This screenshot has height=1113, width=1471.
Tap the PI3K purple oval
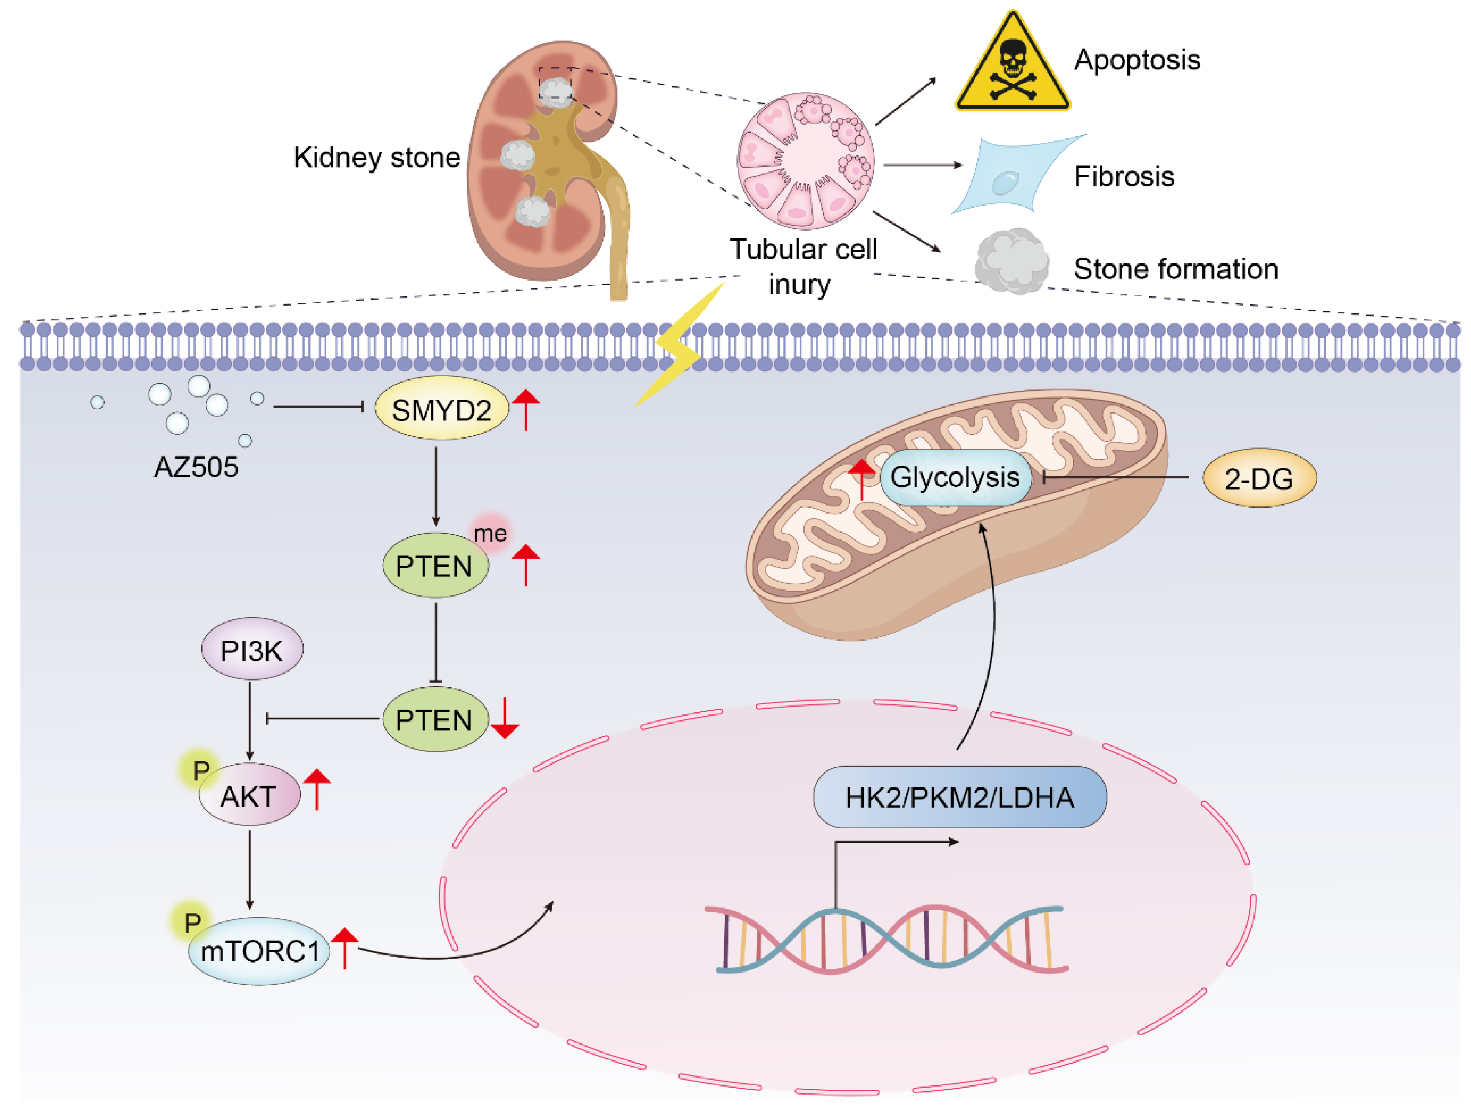[x=252, y=649]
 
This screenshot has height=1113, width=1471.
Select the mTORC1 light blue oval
[x=259, y=951]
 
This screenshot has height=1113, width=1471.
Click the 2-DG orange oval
[x=1259, y=478]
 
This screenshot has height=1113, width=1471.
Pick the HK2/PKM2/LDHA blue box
[x=959, y=797]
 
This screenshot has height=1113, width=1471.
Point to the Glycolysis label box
[x=955, y=477]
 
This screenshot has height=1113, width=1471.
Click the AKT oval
[x=249, y=795]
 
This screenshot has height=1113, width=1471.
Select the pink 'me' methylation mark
[x=491, y=533]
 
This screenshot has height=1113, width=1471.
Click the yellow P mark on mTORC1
[x=192, y=922]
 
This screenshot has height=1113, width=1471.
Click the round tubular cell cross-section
[x=805, y=161]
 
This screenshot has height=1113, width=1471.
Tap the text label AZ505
[x=196, y=467]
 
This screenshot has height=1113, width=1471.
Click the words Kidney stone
[x=377, y=158]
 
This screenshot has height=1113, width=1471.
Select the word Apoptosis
[x=1137, y=60]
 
